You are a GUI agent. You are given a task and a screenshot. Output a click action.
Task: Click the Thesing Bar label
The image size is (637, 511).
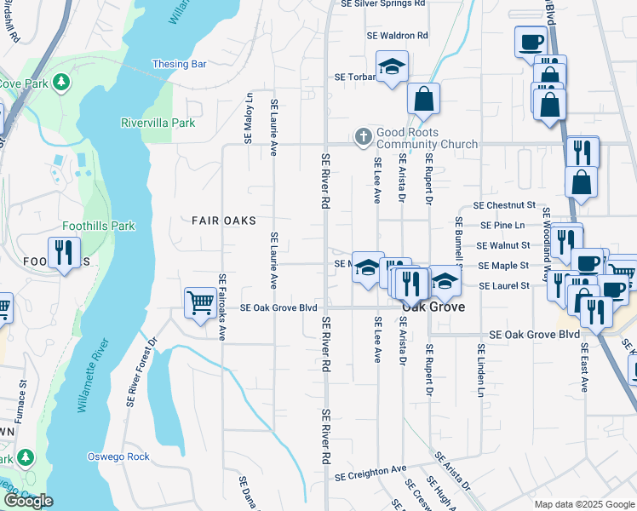point(180,64)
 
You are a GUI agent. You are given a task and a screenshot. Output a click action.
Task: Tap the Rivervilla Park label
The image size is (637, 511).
point(158,123)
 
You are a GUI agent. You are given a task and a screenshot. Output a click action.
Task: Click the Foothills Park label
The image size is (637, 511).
point(99,227)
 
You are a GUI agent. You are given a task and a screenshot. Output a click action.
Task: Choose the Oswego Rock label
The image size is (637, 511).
point(118,456)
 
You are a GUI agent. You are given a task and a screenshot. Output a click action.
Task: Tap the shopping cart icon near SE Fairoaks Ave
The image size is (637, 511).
point(200,302)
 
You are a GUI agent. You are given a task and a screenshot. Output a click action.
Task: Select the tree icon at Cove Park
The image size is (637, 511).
point(61,83)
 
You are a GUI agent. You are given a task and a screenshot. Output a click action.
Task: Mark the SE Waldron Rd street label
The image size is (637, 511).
point(398,36)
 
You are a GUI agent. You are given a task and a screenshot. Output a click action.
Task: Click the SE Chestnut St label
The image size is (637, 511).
point(505,205)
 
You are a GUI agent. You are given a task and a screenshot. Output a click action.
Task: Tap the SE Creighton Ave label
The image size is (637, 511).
point(371,470)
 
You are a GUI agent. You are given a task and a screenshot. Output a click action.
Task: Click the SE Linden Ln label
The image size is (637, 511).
point(480,372)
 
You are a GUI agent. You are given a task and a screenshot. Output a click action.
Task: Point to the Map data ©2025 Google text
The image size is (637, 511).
point(583,504)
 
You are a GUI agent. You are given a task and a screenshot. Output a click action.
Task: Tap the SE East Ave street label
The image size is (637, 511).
point(584,367)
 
